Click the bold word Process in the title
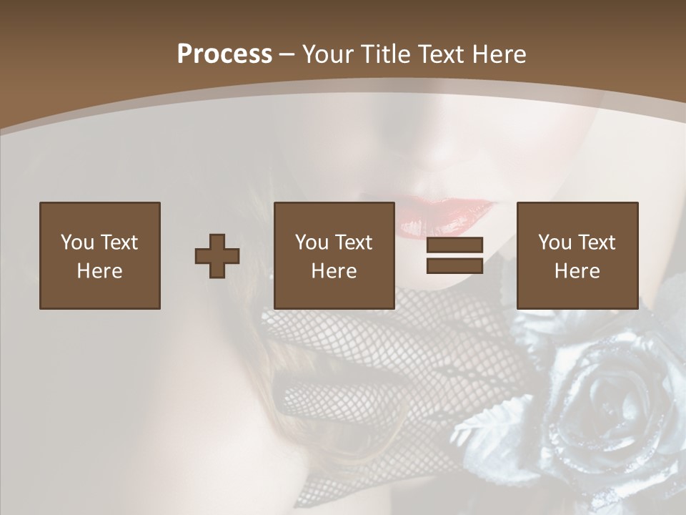click(x=224, y=54)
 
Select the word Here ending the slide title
click(x=499, y=54)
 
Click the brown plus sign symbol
click(x=217, y=256)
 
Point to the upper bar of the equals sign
click(x=454, y=245)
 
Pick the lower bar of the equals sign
click(x=454, y=265)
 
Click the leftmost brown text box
click(x=100, y=255)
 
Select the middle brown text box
click(x=334, y=255)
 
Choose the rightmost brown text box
click(x=577, y=255)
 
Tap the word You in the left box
click(x=77, y=242)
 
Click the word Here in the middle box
click(x=334, y=271)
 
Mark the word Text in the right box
click(x=596, y=242)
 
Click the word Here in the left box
click(x=100, y=271)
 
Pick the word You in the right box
click(x=555, y=242)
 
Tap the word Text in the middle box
click(x=353, y=242)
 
